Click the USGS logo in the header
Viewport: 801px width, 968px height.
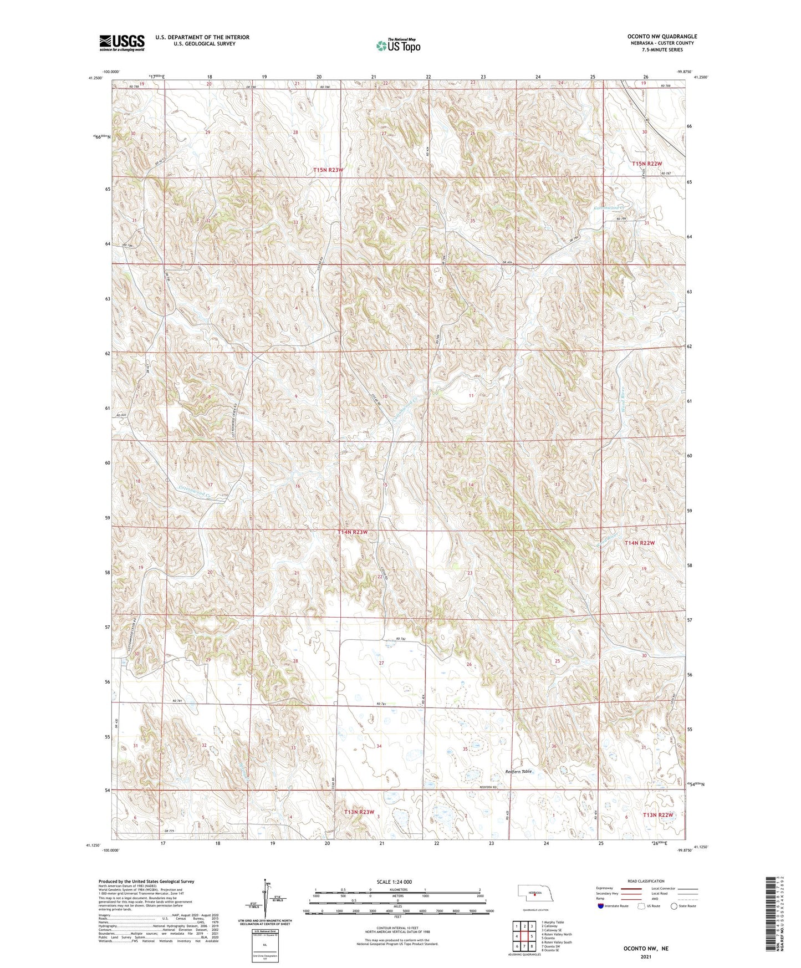coord(122,43)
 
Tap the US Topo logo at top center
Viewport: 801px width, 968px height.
coord(397,45)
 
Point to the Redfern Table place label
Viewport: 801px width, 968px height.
coord(518,772)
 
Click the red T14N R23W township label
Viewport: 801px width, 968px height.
coord(353,532)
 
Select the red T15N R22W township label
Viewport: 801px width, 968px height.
coord(647,164)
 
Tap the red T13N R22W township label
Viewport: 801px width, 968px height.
coord(658,815)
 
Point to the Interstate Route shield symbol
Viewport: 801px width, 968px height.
coord(600,906)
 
